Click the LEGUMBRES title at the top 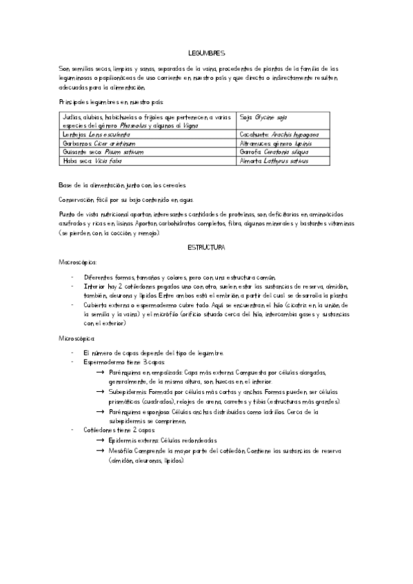point(206,52)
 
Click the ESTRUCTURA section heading point(206,246)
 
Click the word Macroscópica point(78,262)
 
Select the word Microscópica point(77,338)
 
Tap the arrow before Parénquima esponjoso point(101,411)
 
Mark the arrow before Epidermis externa point(101,440)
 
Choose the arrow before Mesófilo point(101,450)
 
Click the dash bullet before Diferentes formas point(73,278)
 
